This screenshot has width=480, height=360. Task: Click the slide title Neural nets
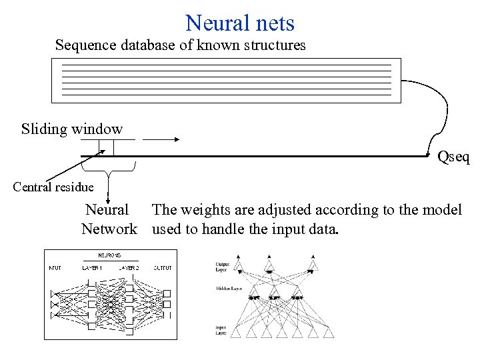pyautogui.click(x=240, y=23)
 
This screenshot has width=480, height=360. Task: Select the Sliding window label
pyautogui.click(x=72, y=129)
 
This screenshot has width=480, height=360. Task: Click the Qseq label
pyautogui.click(x=453, y=157)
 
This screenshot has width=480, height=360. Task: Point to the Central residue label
pyautogui.click(x=53, y=187)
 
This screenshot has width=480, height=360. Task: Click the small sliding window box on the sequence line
pyautogui.click(x=107, y=147)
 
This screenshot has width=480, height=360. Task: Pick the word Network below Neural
pyautogui.click(x=109, y=229)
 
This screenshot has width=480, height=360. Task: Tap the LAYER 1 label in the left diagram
pyautogui.click(x=92, y=267)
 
